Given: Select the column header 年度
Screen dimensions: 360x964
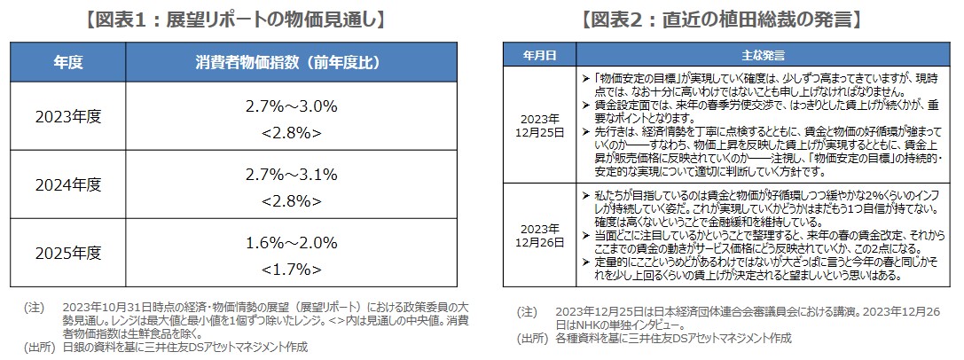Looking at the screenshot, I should [x=68, y=63].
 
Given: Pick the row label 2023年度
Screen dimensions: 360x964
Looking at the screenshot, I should [x=68, y=117].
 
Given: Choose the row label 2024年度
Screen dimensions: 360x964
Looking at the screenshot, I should [x=68, y=184].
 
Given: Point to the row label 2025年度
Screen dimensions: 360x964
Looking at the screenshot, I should [x=68, y=253].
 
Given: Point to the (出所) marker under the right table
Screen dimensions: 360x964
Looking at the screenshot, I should [x=529, y=338].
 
